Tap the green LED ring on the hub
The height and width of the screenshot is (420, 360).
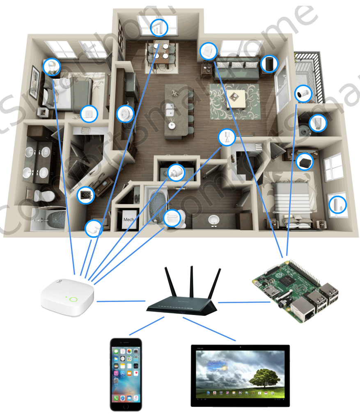coord(73,299)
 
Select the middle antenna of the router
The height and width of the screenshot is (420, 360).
coord(191,283)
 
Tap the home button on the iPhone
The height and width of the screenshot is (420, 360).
coord(126,406)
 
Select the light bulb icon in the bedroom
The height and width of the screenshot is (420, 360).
coord(51,67)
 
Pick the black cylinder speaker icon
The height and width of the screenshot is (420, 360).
coord(269,64)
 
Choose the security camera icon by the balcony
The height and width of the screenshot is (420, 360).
coord(303,94)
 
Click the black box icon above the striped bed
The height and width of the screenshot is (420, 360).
coord(305,162)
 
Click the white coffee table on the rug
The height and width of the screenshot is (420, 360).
coord(236,98)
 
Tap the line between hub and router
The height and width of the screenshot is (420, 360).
coord(121,301)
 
